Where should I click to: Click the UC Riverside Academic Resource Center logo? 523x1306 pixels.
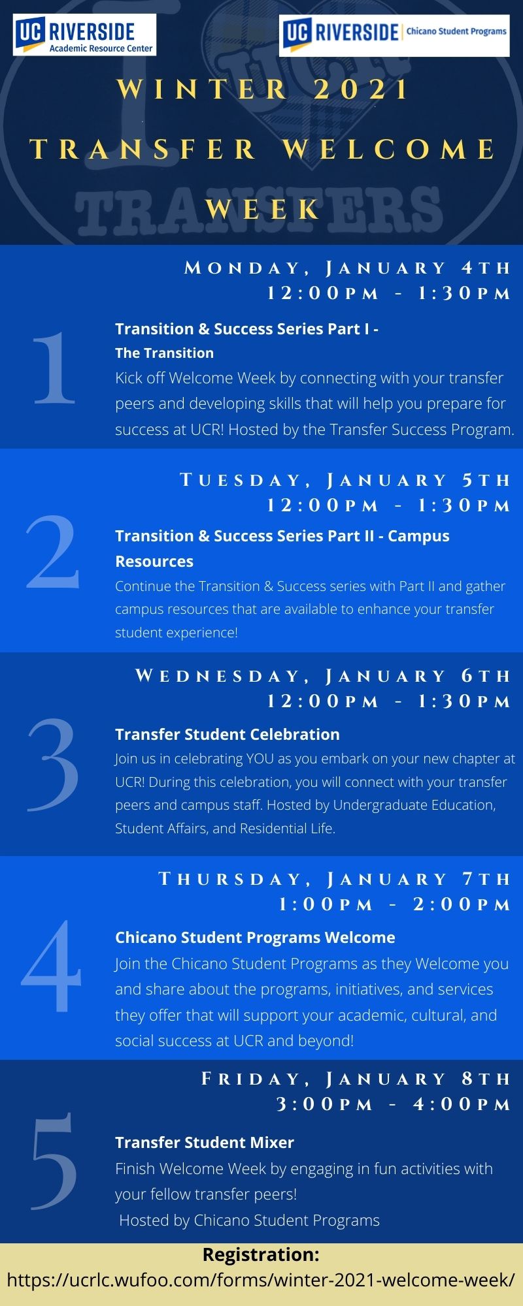84,35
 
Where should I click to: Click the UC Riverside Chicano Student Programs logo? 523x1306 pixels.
395,37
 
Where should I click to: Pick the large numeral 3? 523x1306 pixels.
54,764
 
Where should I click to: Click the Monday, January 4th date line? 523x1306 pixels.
348,268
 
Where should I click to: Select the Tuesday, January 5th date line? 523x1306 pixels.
346,481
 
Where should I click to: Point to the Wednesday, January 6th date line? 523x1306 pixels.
323,676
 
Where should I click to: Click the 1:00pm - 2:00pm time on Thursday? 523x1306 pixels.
395,904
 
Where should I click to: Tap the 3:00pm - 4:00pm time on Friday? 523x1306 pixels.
394,1104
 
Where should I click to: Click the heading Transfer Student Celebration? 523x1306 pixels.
228,735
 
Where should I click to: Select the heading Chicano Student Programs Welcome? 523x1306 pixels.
255,938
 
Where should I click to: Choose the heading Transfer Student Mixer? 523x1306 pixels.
205,1143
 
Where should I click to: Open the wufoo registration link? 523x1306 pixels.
261,1280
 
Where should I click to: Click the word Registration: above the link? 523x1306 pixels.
261,1254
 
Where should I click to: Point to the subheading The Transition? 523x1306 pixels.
164,353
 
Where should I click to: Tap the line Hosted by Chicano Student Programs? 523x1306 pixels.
249,1220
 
